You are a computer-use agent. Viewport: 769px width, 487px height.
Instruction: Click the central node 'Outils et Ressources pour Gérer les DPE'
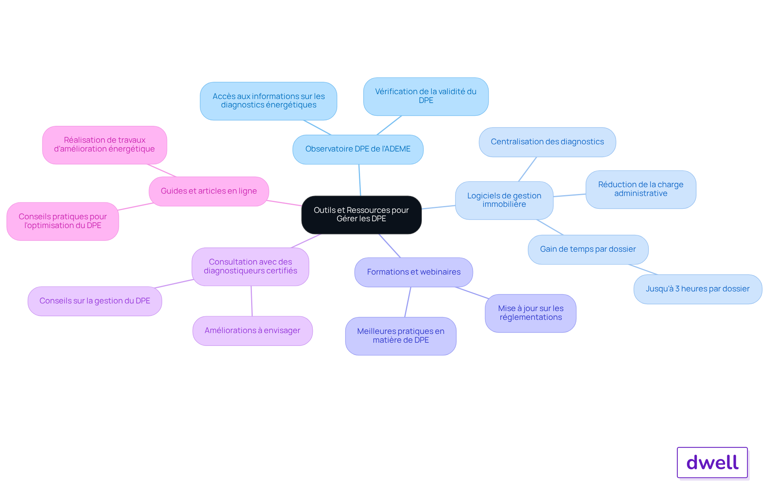pos(361,215)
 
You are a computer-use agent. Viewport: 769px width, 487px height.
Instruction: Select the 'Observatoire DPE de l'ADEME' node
pos(358,150)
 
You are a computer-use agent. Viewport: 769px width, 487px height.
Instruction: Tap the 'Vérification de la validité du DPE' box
pos(426,97)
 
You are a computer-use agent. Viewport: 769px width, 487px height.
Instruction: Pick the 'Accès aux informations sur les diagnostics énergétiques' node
pos(268,101)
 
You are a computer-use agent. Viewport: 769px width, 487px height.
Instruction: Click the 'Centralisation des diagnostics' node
pos(547,142)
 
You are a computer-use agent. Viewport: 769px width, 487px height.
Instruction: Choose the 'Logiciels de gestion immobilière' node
pos(504,200)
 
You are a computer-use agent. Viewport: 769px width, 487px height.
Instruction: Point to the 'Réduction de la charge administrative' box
pos(641,190)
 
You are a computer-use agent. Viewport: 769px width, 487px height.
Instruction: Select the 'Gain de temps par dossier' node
pos(588,250)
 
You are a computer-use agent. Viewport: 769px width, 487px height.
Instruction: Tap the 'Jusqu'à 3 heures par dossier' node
pos(698,289)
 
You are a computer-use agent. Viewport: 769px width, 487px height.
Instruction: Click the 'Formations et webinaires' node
pos(414,272)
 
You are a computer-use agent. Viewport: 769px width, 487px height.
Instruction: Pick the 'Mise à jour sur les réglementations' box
pos(531,313)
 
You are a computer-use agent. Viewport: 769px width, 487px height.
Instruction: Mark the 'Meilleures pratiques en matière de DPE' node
pos(401,336)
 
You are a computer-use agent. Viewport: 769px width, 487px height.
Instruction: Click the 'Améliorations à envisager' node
pos(252,331)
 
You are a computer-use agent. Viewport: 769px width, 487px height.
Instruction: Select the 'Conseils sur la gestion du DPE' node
pos(95,301)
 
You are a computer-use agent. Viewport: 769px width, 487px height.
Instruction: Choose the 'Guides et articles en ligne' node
pos(209,192)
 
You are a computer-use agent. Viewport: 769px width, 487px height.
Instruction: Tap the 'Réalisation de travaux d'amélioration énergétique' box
pos(105,145)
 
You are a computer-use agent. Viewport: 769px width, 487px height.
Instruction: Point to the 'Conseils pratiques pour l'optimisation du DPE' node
pos(63,222)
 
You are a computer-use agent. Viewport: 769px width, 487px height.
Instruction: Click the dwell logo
pos(713,463)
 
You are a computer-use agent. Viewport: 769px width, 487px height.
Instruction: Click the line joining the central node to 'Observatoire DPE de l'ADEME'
pos(360,180)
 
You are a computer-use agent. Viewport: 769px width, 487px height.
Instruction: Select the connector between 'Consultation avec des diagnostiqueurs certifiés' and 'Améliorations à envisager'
pos(252,301)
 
